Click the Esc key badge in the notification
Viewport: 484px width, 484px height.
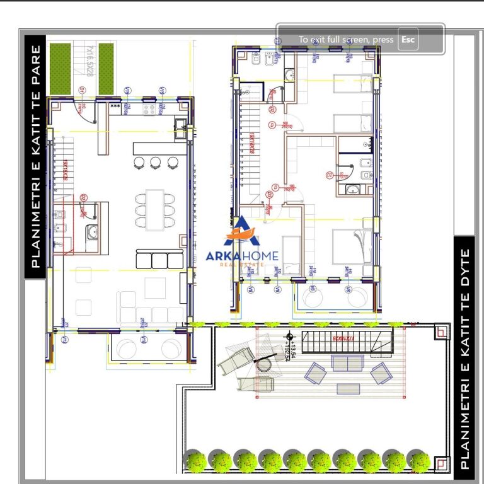tap(408, 40)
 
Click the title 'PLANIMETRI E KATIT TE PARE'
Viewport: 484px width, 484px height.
tap(36, 155)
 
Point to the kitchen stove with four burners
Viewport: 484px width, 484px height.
tap(150, 110)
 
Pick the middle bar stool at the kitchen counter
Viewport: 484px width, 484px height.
tap(156, 162)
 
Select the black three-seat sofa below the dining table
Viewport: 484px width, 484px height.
tap(159, 259)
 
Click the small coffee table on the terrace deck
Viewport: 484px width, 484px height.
tap(347, 389)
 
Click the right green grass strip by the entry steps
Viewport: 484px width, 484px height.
tap(106, 67)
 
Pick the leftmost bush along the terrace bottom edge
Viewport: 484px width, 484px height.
tap(195, 461)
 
